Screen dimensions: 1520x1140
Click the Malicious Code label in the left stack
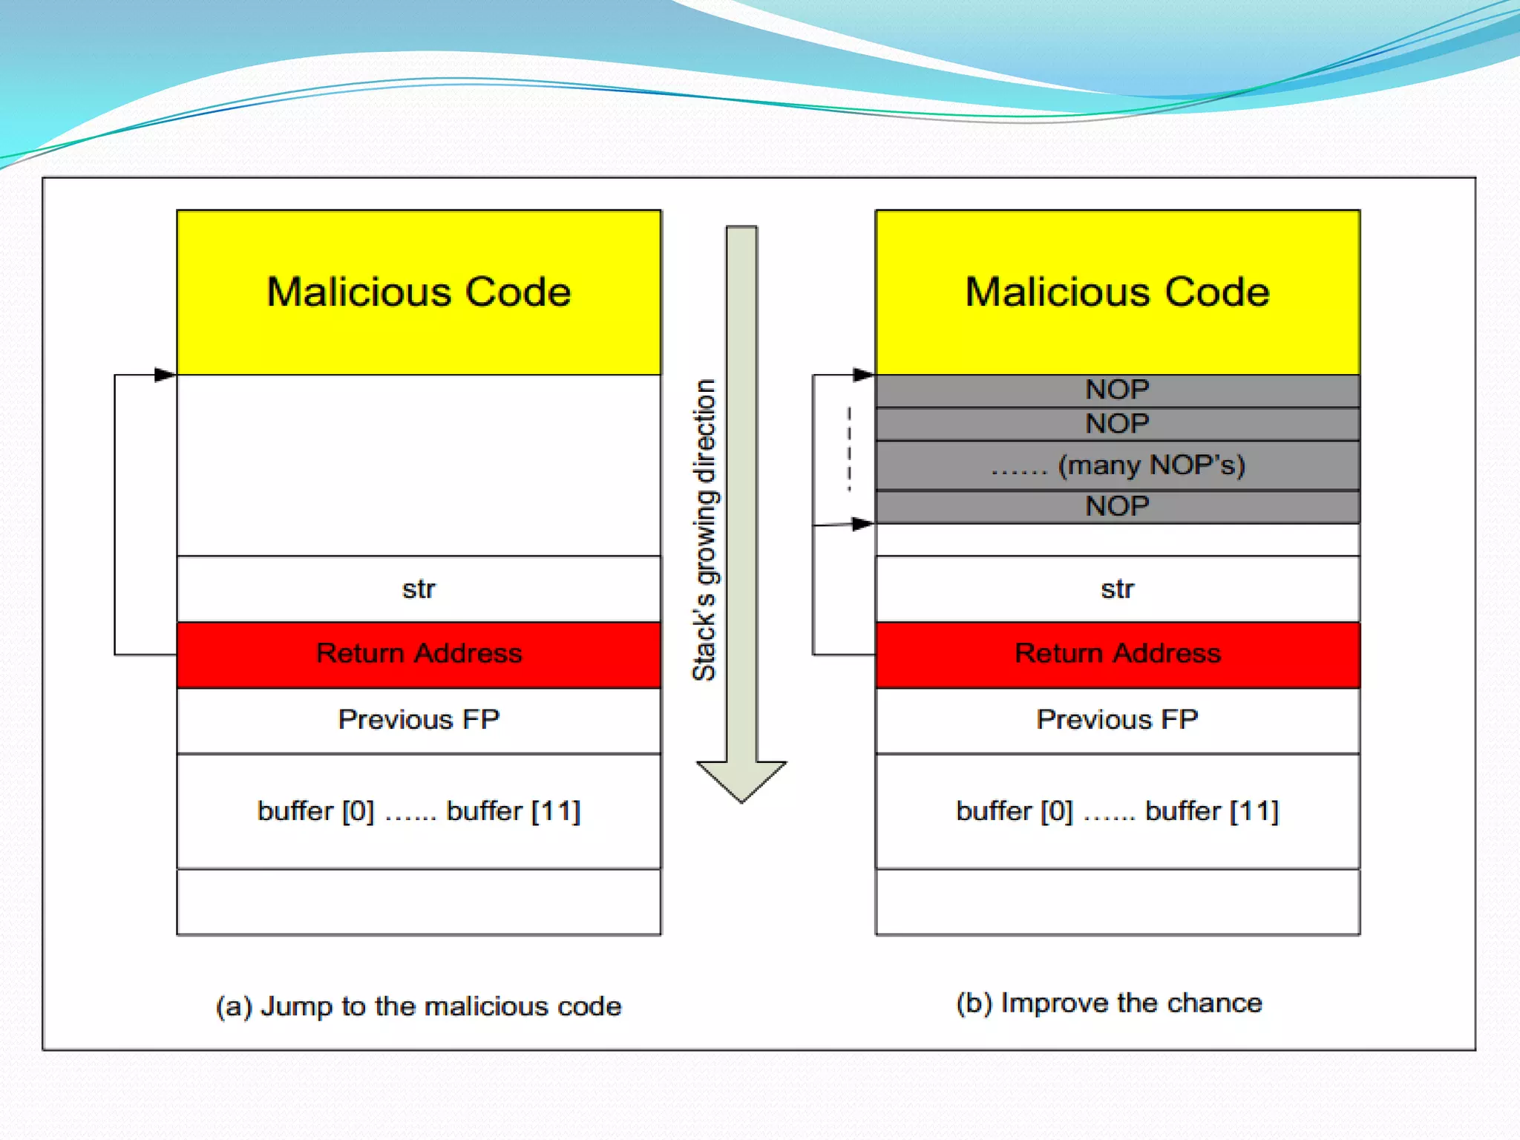pyautogui.click(x=419, y=292)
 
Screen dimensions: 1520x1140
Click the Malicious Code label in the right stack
pyautogui.click(x=1117, y=292)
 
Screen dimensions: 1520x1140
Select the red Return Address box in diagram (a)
pyautogui.click(x=419, y=654)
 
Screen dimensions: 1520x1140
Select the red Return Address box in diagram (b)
pyautogui.click(x=1117, y=654)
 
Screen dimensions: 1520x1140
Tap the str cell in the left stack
pyautogui.click(x=419, y=589)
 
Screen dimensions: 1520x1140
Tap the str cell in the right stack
pyautogui.click(x=1117, y=589)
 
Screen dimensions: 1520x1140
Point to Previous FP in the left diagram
pyautogui.click(x=419, y=719)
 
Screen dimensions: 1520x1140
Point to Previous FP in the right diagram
pyautogui.click(x=1117, y=719)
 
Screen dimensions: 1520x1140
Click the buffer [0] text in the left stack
pyautogui.click(x=315, y=811)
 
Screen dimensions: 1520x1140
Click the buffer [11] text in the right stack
pyautogui.click(x=1212, y=811)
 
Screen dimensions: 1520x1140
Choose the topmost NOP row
pyautogui.click(x=1117, y=390)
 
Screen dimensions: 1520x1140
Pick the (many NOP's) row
pyautogui.click(x=1117, y=465)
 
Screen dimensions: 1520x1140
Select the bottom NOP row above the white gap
pyautogui.click(x=1117, y=506)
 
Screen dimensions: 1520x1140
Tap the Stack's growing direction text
pyautogui.click(x=704, y=530)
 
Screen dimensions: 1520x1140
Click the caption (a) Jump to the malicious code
pyautogui.click(x=419, y=1006)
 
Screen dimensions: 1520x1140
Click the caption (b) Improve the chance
pyautogui.click(x=1109, y=1003)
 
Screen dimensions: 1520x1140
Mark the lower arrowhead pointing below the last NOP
pyautogui.click(x=863, y=524)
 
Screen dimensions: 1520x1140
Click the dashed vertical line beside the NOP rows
pyautogui.click(x=849, y=448)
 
